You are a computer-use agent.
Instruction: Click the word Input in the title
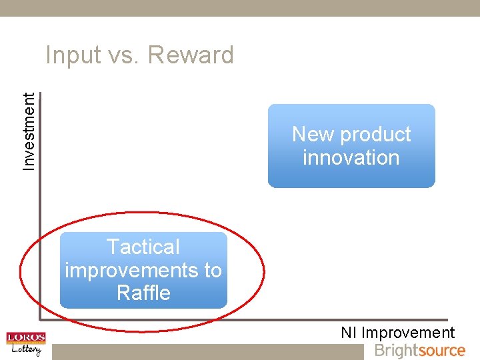(70, 55)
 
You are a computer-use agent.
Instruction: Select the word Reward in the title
(191, 55)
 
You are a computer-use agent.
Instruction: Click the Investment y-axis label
(29, 131)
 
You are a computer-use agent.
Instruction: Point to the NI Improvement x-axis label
(397, 333)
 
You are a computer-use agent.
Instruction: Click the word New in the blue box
(313, 135)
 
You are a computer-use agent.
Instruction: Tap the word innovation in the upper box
(351, 158)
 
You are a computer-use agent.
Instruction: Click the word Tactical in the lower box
(143, 247)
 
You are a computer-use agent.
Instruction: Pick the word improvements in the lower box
(132, 270)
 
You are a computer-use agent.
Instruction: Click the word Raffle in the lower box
(143, 293)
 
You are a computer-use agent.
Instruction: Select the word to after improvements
(213, 270)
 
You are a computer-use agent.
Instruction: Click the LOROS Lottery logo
(25, 344)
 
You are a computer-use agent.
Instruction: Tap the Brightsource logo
(419, 351)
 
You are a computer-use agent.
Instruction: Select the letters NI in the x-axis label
(349, 333)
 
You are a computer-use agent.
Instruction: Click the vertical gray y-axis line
(39, 200)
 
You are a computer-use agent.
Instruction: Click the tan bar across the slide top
(240, 8)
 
